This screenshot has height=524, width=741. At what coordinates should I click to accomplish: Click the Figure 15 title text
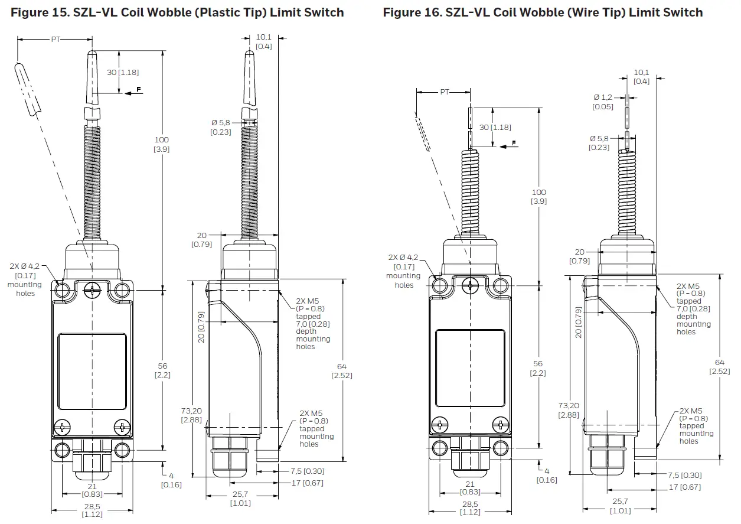(177, 12)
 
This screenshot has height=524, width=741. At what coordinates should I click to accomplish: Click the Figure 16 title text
(543, 12)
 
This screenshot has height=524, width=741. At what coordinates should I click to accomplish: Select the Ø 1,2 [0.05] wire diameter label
(603, 102)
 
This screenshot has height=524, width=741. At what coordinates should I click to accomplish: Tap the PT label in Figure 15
(56, 40)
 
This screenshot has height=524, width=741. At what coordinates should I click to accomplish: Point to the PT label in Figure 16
(445, 92)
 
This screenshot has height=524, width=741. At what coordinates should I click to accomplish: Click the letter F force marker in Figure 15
(139, 89)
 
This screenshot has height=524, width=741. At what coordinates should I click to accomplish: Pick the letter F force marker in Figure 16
(514, 143)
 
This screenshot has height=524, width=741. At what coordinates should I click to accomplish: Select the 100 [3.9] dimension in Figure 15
(161, 145)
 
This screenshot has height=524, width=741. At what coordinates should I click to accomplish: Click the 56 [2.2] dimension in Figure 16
(538, 368)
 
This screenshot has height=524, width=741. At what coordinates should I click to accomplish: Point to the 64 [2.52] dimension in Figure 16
(719, 366)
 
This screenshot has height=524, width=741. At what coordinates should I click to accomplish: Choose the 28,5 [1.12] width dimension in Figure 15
(90, 510)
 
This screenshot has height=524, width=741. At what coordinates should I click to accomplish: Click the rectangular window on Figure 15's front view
(92, 372)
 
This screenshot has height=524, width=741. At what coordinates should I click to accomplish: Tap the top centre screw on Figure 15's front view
(92, 289)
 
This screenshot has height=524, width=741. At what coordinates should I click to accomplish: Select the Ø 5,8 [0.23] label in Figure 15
(221, 127)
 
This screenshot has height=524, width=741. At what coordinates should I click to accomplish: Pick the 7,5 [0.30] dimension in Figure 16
(685, 475)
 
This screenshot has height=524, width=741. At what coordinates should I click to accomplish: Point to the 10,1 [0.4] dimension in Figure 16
(641, 77)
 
